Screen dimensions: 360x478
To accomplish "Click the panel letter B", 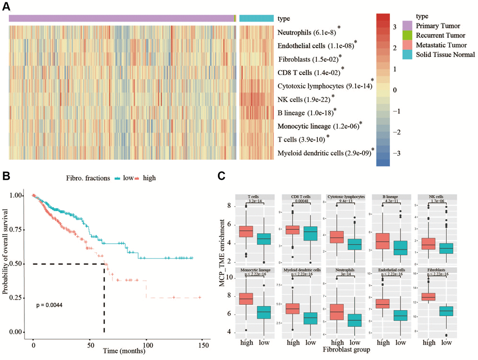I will tap(10, 178).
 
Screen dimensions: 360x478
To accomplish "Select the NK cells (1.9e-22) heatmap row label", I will tap(304, 99).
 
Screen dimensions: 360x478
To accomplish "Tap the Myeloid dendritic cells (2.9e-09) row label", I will tap(324, 153).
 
